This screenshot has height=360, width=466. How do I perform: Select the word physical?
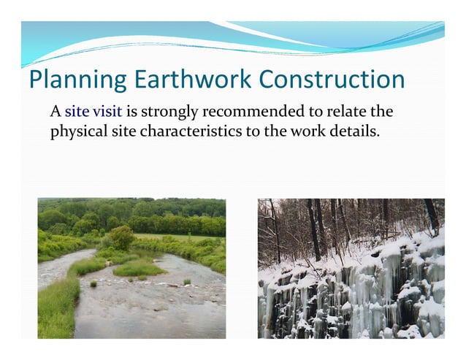point(77,134)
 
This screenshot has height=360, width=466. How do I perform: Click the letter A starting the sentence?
point(55,112)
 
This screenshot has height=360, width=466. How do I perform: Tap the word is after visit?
point(132,112)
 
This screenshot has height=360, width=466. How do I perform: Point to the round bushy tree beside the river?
point(122,237)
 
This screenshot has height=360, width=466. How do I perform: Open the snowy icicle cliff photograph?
point(351,268)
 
